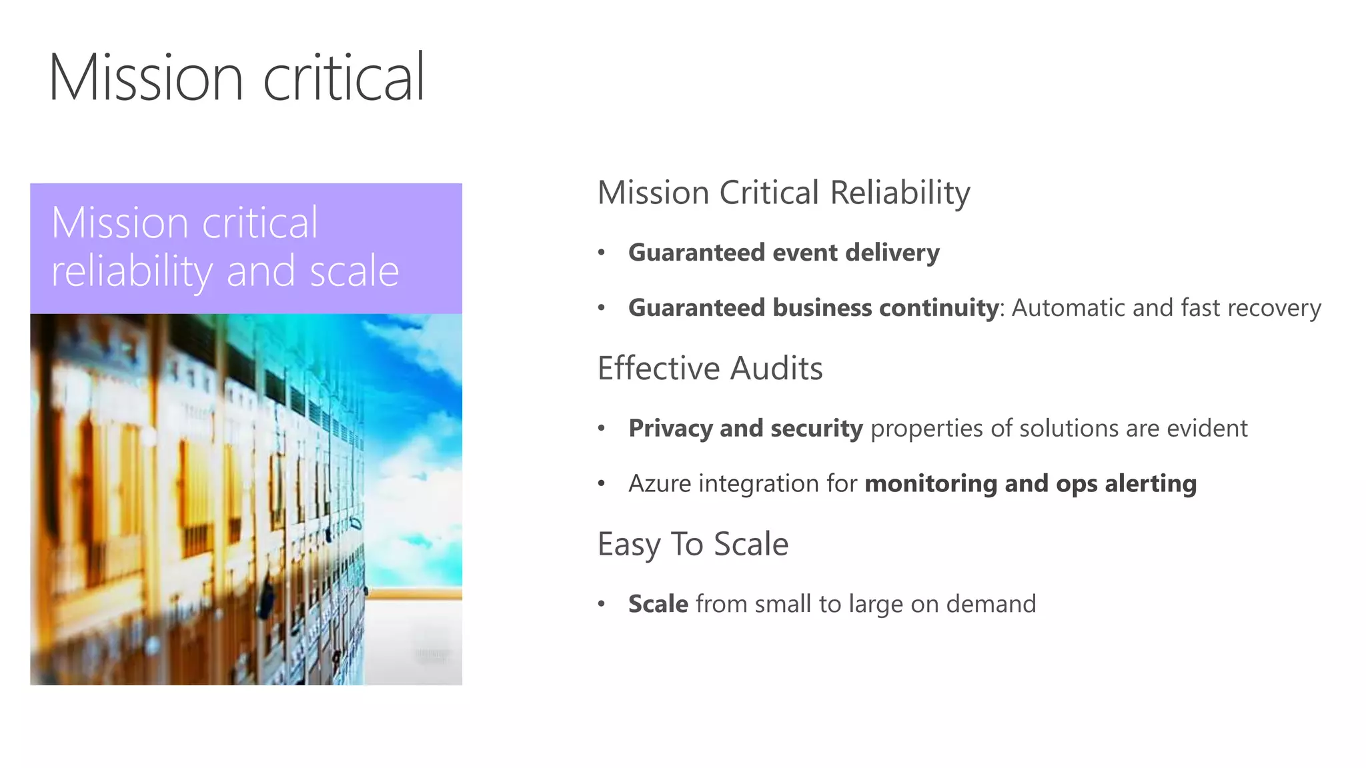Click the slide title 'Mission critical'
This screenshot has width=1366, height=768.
[x=236, y=78]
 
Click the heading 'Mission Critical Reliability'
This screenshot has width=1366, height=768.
[x=783, y=193]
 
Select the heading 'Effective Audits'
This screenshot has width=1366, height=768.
[x=710, y=369]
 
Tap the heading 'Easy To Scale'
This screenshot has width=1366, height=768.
[x=692, y=544]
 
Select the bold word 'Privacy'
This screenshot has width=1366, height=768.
[x=670, y=429]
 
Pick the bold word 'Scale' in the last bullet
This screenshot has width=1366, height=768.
[x=658, y=604]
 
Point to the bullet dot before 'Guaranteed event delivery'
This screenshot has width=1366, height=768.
[x=601, y=253]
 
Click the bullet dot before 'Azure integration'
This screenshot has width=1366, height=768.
[x=601, y=483]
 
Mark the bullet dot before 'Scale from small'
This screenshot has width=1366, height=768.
[x=601, y=604]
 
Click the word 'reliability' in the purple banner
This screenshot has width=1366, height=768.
[x=131, y=272]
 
